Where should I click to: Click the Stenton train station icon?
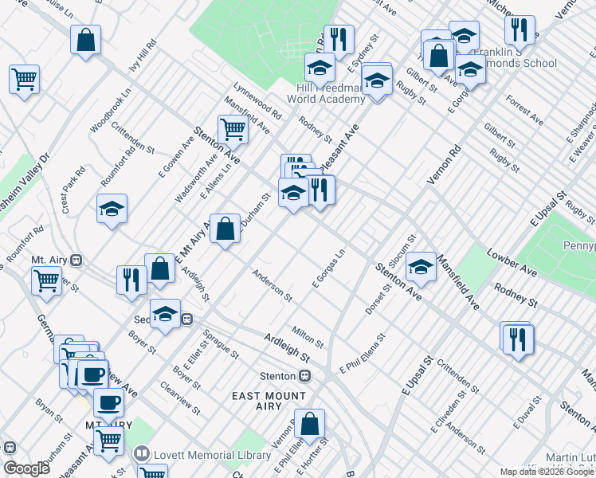(x=304, y=377)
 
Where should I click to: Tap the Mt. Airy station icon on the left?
(x=76, y=260)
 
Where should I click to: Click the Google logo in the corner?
(x=26, y=468)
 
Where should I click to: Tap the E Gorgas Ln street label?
(x=328, y=269)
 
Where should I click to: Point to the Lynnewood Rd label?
(x=257, y=102)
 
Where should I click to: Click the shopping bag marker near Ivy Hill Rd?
(x=85, y=39)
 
